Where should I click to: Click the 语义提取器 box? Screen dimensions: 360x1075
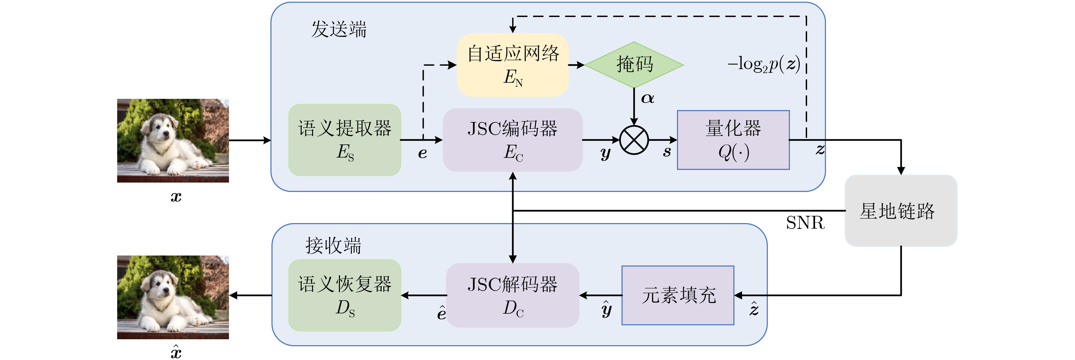click(x=344, y=140)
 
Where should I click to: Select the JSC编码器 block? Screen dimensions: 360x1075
click(x=512, y=140)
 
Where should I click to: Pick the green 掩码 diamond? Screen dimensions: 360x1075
click(x=634, y=65)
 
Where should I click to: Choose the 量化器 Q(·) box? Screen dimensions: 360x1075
click(x=733, y=140)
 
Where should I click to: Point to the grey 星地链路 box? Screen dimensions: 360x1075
click(x=901, y=211)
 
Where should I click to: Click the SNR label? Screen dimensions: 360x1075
click(x=805, y=223)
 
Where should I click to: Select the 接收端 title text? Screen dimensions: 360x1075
click(x=333, y=245)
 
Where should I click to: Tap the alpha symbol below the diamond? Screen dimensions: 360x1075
click(x=647, y=98)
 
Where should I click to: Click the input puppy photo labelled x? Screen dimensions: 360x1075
click(x=173, y=140)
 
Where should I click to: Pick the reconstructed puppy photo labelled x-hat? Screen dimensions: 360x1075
click(x=173, y=297)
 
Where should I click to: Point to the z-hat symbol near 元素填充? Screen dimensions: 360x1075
click(x=754, y=309)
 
